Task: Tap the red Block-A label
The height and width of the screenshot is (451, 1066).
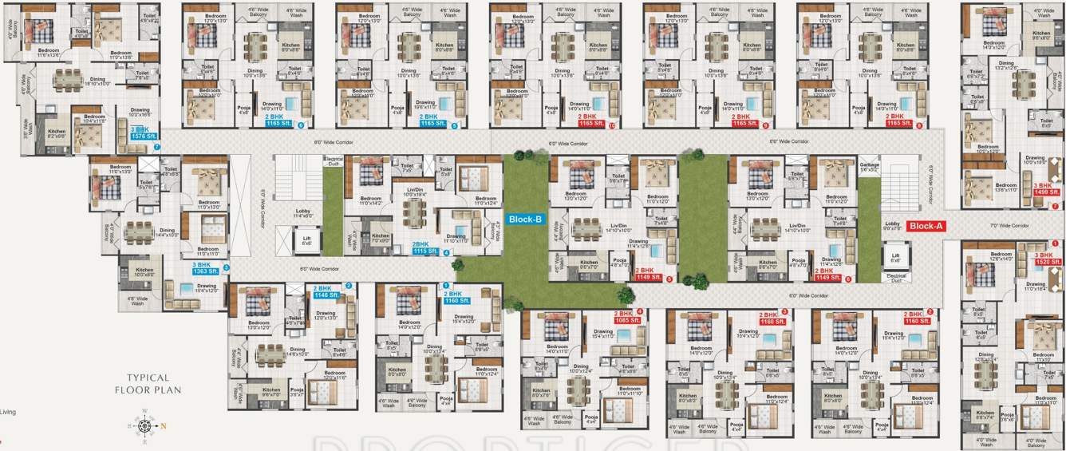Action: click(x=926, y=226)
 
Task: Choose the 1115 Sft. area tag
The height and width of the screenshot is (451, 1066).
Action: click(x=425, y=251)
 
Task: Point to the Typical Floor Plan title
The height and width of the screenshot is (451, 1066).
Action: click(x=148, y=384)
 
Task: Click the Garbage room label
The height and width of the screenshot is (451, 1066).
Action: click(x=869, y=168)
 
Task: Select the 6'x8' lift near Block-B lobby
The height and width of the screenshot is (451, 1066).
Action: click(x=306, y=239)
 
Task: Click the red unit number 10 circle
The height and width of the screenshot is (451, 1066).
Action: click(x=612, y=125)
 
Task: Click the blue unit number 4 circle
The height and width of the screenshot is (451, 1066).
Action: click(x=446, y=253)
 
